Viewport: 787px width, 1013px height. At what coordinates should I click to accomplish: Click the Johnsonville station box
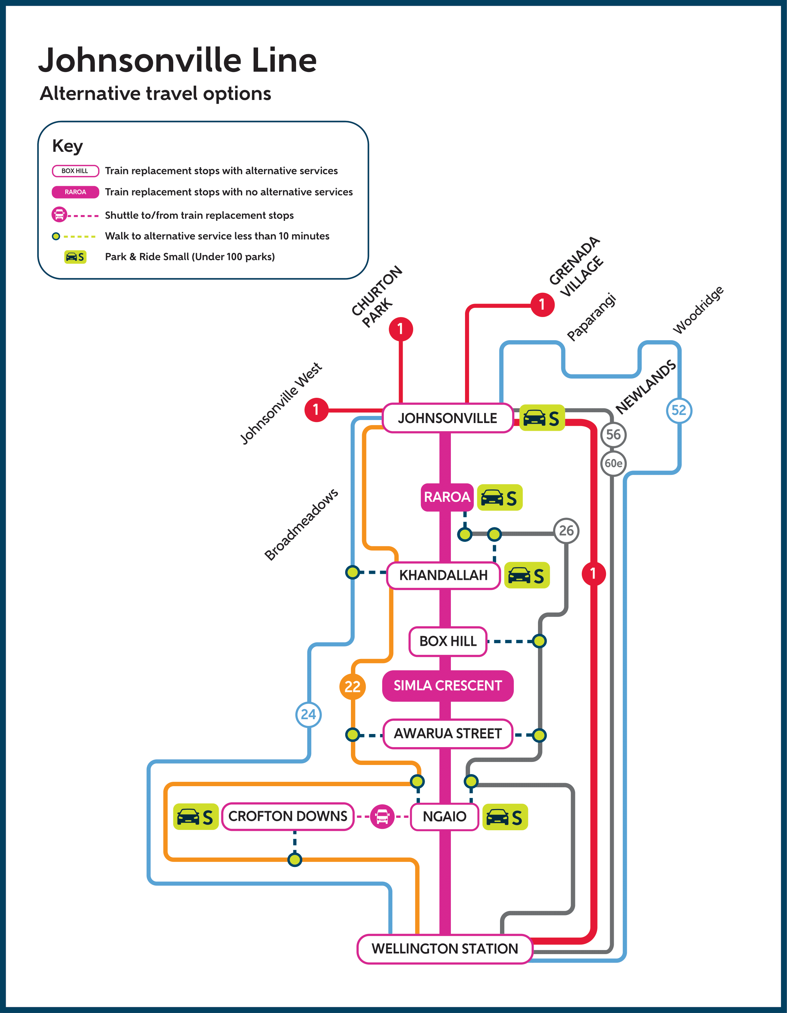coord(448,418)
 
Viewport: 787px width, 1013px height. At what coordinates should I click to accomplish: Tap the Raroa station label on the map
coord(446,497)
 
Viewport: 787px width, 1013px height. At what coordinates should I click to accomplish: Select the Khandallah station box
coord(443,575)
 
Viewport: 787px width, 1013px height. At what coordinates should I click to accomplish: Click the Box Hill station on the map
coord(448,641)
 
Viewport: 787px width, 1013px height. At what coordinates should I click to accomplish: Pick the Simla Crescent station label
coord(448,686)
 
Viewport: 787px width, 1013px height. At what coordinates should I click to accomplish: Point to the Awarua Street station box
coord(448,734)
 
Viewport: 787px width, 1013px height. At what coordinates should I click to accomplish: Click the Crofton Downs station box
coord(288,816)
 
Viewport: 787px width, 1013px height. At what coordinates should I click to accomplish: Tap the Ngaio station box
coord(444,816)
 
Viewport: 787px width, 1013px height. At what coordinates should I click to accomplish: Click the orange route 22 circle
coord(353,687)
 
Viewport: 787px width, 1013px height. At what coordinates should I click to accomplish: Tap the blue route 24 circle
coord(309,714)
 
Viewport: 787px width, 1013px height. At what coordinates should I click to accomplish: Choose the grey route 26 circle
coord(566,531)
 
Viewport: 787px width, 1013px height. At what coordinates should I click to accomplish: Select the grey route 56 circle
coord(613,434)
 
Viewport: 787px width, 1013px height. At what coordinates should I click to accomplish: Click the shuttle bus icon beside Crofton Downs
coord(382,816)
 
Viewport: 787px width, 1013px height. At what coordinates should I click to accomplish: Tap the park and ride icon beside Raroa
coord(499,498)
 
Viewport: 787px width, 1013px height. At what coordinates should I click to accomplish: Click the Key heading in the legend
coord(68,146)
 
